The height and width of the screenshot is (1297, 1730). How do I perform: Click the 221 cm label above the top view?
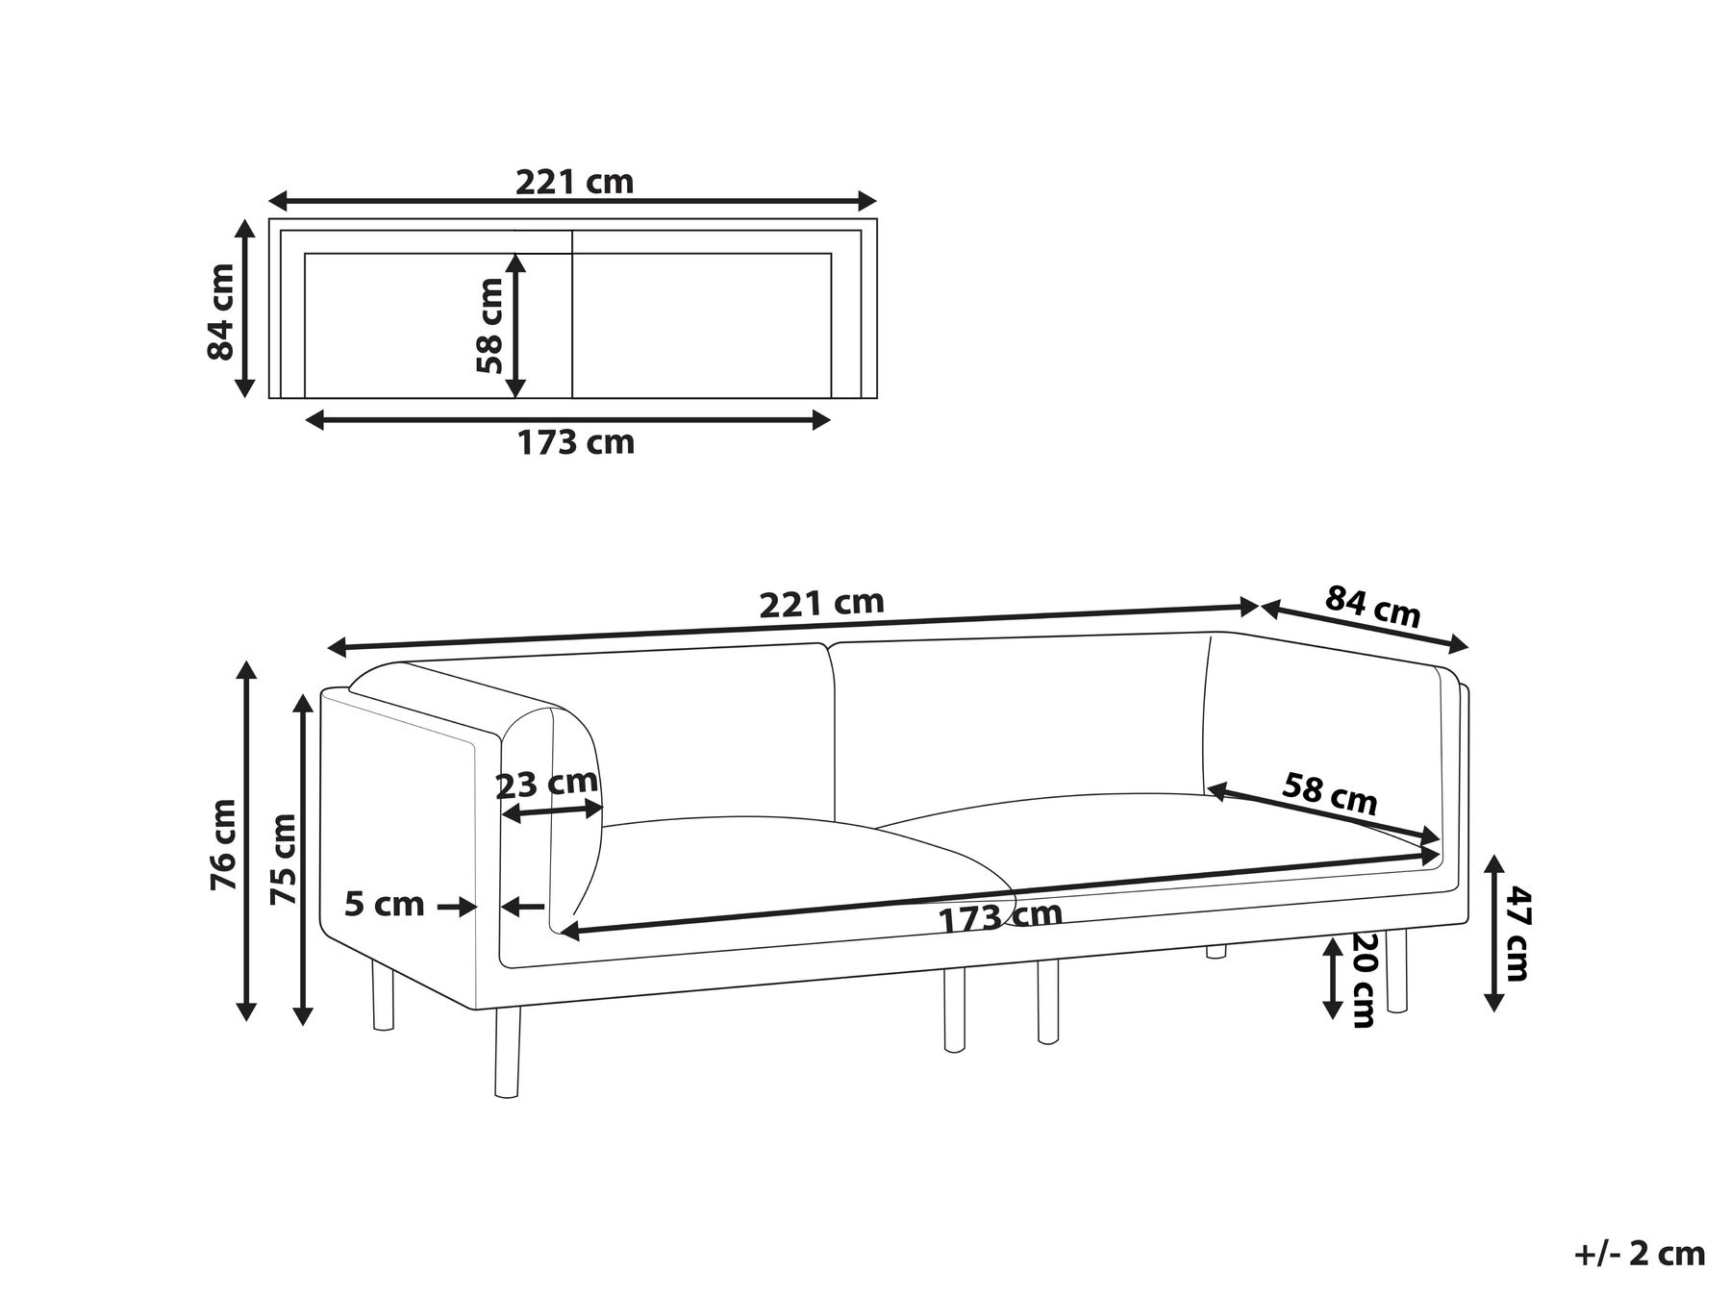click(574, 181)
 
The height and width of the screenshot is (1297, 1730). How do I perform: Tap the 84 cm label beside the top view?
click(221, 311)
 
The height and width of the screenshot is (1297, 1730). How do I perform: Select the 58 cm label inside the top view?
click(489, 325)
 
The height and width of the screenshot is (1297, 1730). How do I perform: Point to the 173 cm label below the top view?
click(576, 442)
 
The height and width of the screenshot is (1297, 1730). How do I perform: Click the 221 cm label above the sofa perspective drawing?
click(821, 603)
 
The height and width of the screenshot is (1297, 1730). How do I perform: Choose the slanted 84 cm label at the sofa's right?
click(1372, 607)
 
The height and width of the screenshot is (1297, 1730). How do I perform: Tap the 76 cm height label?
click(223, 844)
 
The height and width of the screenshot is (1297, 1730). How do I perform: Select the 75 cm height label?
click(286, 859)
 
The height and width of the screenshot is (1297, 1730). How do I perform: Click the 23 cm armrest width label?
click(546, 785)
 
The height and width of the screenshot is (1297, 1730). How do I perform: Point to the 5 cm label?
click(384, 904)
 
